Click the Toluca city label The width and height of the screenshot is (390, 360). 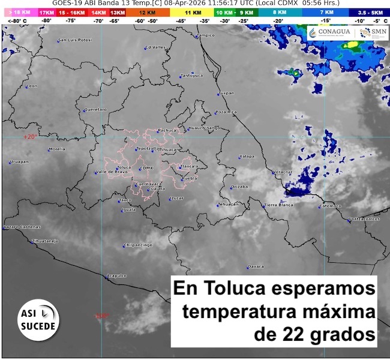point(124,167)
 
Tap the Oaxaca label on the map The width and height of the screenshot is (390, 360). point(256,266)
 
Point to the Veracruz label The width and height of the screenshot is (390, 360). point(282,172)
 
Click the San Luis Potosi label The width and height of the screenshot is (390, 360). point(75,40)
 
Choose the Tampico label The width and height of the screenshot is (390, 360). point(206,35)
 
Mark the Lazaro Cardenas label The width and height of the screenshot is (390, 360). point(22,227)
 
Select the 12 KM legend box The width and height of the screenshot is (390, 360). point(147,12)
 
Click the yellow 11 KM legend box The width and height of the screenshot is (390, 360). point(193,12)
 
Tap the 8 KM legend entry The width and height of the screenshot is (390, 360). point(280,12)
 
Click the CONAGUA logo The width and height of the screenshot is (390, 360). point(329,34)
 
